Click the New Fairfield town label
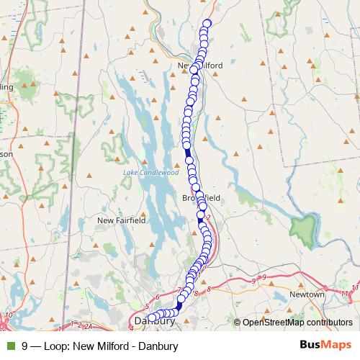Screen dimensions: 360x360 [x=122, y=220]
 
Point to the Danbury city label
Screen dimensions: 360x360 [x=155, y=321]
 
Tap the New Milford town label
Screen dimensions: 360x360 [x=199, y=66]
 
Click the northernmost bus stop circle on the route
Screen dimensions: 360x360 [x=207, y=24]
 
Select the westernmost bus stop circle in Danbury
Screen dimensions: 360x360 [x=151, y=318]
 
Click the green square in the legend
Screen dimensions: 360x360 [x=11, y=346]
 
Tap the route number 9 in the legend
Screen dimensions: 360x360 [x=25, y=346]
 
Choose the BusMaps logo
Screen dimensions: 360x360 [x=323, y=346]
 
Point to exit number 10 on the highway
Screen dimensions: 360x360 [x=8, y=315]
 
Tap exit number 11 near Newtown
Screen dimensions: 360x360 [x=346, y=293]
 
